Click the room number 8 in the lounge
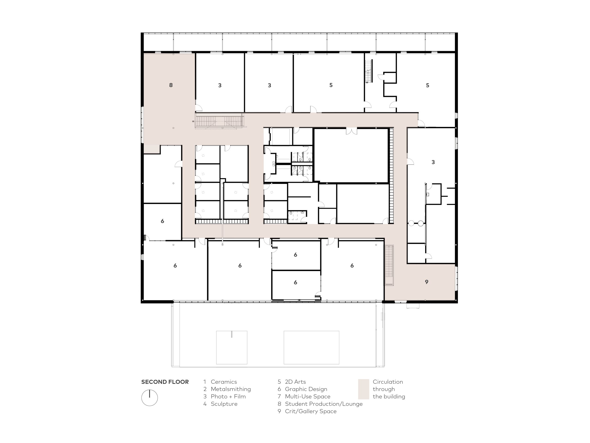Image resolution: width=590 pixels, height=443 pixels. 171,85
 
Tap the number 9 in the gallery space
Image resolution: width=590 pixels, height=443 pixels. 427,282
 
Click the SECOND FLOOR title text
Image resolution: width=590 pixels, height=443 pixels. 165,382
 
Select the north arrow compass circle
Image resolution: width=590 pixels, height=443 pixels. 149,398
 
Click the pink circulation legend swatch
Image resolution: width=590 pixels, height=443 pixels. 363,389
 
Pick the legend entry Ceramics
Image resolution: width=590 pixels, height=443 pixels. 224,382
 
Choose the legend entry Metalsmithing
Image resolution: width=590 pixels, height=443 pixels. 231,389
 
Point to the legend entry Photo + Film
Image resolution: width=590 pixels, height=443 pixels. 228,397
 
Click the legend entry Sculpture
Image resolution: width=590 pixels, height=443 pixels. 224,404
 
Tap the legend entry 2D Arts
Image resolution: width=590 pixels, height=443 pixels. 295,382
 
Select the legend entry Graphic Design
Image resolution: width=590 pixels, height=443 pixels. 306,389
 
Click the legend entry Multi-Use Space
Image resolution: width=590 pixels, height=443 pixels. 307,397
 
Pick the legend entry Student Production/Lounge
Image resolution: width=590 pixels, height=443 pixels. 324,404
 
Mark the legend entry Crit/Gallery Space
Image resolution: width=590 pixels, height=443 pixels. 311,411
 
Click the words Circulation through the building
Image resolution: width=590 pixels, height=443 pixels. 389,389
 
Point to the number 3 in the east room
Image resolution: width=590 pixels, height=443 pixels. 433,162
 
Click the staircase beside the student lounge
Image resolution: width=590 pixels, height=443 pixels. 219,121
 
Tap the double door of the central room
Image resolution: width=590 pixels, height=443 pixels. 351,131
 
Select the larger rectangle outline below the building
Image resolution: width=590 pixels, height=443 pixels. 311,347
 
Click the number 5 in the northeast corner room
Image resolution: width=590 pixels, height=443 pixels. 428,85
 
